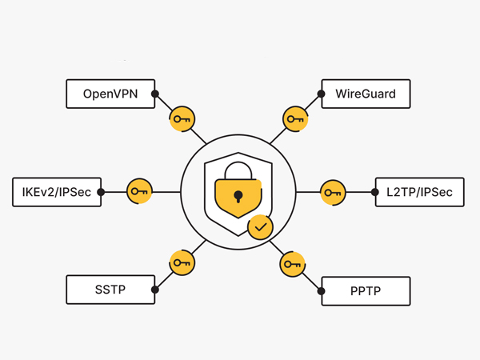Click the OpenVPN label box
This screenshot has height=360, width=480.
click(x=110, y=94)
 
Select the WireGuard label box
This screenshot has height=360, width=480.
click(x=366, y=94)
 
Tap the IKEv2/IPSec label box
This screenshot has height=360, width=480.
click(x=57, y=192)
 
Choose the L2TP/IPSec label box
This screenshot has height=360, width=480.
click(x=418, y=192)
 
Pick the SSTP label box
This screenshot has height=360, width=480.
click(x=110, y=290)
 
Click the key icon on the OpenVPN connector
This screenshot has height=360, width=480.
click(x=182, y=119)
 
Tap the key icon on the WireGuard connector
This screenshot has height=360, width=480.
click(x=295, y=120)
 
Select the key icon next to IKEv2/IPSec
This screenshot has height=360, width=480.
click(x=140, y=191)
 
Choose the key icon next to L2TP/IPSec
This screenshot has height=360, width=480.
click(x=333, y=192)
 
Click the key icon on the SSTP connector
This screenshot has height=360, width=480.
click(x=182, y=262)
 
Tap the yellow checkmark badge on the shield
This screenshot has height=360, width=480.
click(x=259, y=227)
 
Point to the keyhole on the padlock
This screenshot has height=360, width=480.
click(x=237, y=195)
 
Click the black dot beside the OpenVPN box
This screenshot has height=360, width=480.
click(x=155, y=94)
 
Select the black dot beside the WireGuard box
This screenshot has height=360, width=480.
click(x=321, y=94)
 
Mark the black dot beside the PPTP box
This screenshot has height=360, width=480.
click(x=321, y=290)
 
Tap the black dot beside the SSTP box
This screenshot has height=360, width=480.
click(x=155, y=290)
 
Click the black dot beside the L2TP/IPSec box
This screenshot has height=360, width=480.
click(x=374, y=192)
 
